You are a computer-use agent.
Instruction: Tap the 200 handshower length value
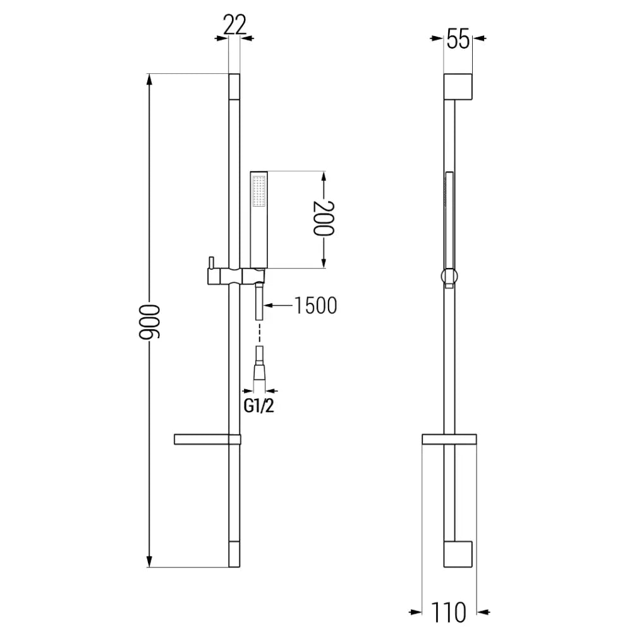pyautogui.click(x=323, y=218)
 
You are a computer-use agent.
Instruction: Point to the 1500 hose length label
pyautogui.click(x=315, y=306)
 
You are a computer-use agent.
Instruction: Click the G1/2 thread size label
pyautogui.click(x=259, y=406)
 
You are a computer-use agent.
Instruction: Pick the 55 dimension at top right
pyautogui.click(x=458, y=40)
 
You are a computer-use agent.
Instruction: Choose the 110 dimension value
pyautogui.click(x=449, y=611)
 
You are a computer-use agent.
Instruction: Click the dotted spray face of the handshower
pyautogui.click(x=259, y=192)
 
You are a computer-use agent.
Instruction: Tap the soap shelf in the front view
pyautogui.click(x=206, y=440)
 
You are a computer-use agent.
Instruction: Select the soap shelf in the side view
pyautogui.click(x=449, y=440)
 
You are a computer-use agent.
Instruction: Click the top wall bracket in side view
pyautogui.click(x=458, y=86)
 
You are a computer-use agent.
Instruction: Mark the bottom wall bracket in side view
pyautogui.click(x=458, y=554)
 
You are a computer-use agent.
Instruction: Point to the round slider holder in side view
pyautogui.click(x=449, y=276)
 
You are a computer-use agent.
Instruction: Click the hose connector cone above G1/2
pyautogui.click(x=259, y=370)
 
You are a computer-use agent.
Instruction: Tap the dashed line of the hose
pyautogui.click(x=259, y=334)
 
